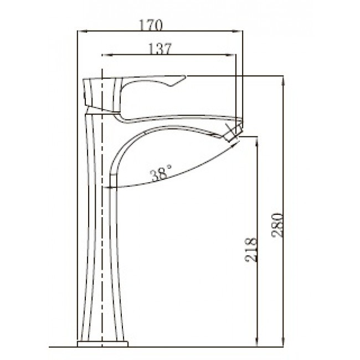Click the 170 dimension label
151,25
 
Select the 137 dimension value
160,49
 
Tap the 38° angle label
161,172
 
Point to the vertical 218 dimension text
250,250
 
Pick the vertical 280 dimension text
277,225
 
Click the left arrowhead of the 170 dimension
83,32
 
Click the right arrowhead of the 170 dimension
238,32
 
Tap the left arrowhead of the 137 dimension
107,55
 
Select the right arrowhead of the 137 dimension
231,55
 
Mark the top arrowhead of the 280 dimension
284,80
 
